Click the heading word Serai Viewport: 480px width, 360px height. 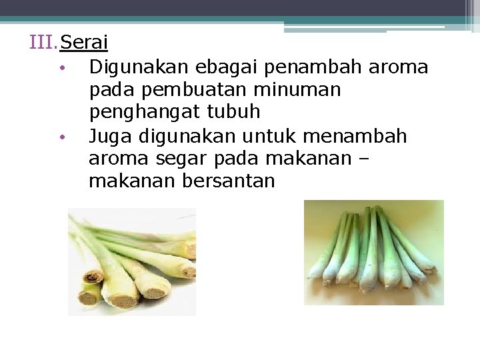point(84,43)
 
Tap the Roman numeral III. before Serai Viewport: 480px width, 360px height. point(44,43)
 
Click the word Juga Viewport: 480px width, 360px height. point(111,136)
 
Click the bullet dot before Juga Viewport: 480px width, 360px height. point(61,138)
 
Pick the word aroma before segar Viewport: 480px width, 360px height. point(119,159)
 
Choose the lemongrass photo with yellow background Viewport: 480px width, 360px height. point(373,253)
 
